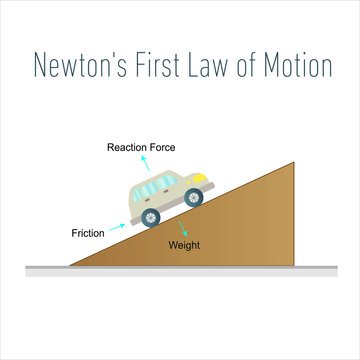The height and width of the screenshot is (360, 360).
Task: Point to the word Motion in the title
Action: coord(297,66)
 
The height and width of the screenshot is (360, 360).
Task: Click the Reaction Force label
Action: coord(142,148)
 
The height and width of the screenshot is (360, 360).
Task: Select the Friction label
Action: coord(89,233)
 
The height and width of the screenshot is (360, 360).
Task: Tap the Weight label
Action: coord(184,244)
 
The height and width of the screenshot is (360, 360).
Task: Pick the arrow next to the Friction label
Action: coord(116,227)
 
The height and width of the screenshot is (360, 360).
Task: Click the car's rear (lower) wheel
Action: coord(151,217)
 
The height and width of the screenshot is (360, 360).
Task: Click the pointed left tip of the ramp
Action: coord(69,264)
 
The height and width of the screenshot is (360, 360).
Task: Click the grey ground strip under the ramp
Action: coord(180,270)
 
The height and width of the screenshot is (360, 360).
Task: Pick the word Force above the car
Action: coord(162,148)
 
